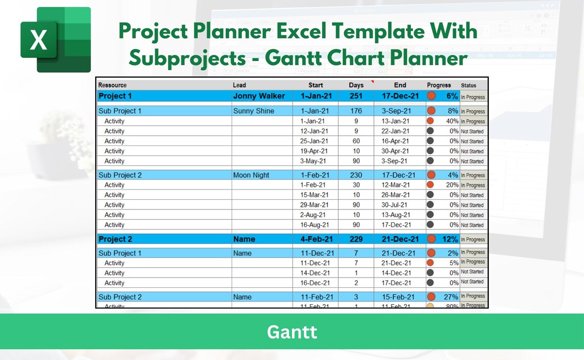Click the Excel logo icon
(55, 40)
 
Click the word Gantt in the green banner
(291, 332)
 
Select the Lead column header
(239, 85)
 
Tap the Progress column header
(439, 85)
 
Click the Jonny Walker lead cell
(259, 96)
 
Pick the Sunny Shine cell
(254, 111)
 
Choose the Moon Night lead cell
(251, 175)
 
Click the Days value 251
(356, 96)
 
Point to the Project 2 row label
(115, 239)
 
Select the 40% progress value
(452, 121)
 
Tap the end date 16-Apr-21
(396, 141)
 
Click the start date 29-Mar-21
(314, 205)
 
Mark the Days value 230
(356, 175)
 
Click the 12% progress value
(450, 239)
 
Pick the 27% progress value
(451, 297)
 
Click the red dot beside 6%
(431, 96)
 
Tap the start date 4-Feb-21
(317, 239)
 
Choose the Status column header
(468, 86)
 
